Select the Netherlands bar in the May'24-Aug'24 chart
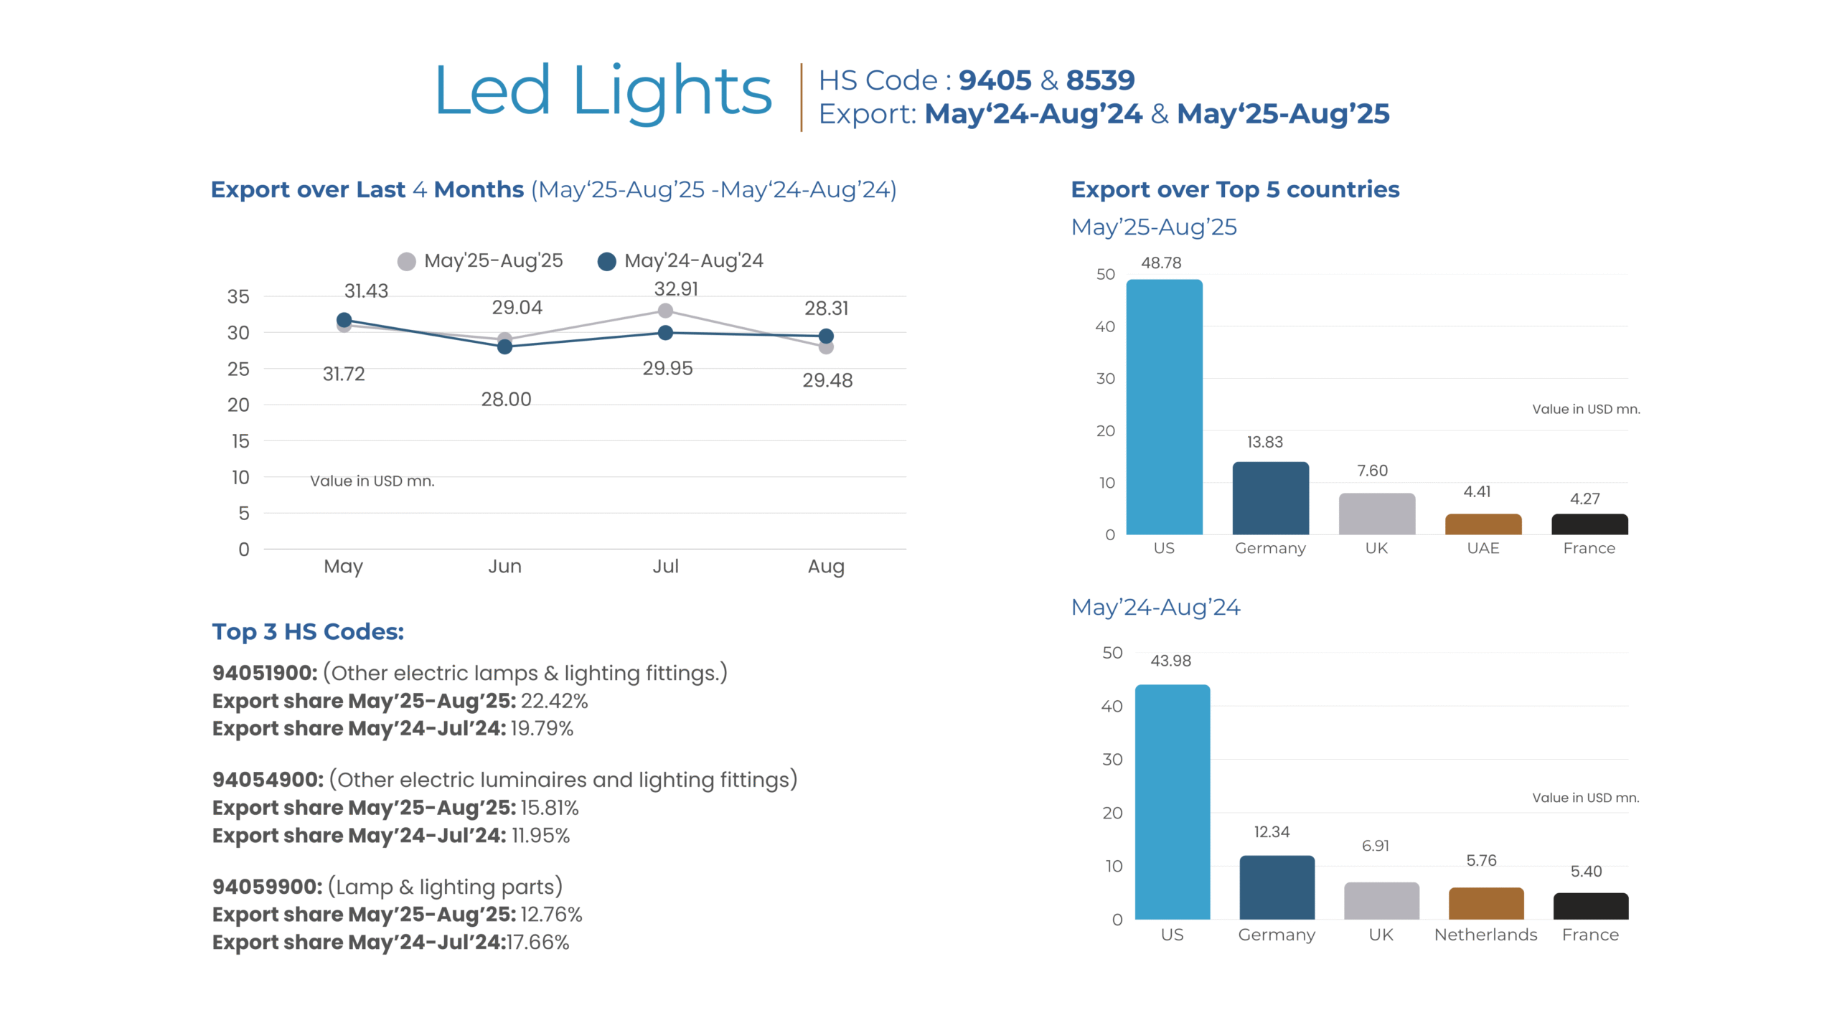click(x=1485, y=903)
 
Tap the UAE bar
click(x=1483, y=524)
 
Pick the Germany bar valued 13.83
click(x=1270, y=498)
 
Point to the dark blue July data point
click(x=665, y=333)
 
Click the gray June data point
click(x=504, y=339)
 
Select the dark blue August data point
click(x=826, y=336)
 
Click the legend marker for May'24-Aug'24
click(x=607, y=262)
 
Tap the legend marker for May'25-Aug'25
click(x=407, y=262)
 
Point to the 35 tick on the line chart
click(x=238, y=297)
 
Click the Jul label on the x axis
click(x=665, y=567)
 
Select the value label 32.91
click(x=676, y=289)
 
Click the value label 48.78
click(x=1161, y=263)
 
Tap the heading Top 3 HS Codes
click(x=308, y=632)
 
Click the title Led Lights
click(x=603, y=91)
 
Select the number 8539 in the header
click(x=1100, y=80)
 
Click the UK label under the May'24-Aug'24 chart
click(x=1381, y=935)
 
